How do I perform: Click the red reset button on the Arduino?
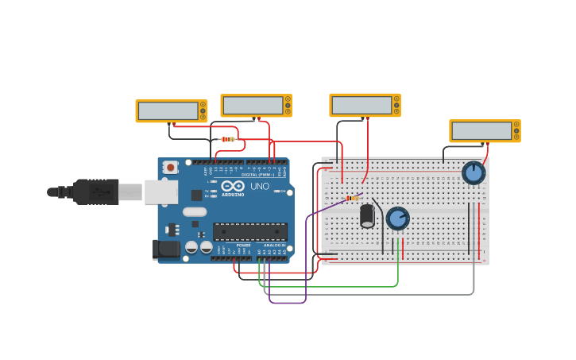(x=170, y=167)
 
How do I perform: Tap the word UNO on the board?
(x=260, y=186)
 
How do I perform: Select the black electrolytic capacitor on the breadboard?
(x=367, y=215)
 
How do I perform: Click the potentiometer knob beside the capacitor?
(x=397, y=217)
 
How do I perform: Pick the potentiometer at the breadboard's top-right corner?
(x=474, y=172)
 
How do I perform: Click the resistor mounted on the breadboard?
(x=351, y=198)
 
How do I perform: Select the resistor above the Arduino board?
(x=228, y=139)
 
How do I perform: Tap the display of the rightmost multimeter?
(x=481, y=131)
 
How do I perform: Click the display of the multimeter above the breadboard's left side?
(x=361, y=105)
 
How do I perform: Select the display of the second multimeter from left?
(x=253, y=105)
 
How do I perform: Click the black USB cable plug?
(x=95, y=192)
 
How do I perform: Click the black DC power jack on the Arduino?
(x=166, y=249)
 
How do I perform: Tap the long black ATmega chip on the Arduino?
(x=249, y=231)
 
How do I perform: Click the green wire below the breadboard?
(x=334, y=286)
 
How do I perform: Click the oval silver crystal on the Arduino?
(x=194, y=211)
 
